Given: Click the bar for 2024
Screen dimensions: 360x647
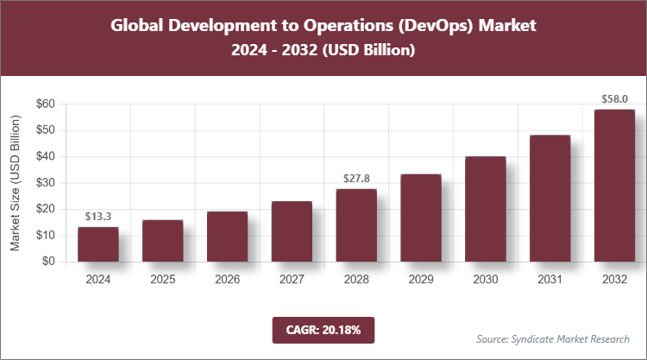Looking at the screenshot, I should pyautogui.click(x=97, y=244).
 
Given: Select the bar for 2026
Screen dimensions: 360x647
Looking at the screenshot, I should pyautogui.click(x=227, y=237).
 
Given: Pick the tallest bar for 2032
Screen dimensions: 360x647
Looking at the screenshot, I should pyautogui.click(x=615, y=186).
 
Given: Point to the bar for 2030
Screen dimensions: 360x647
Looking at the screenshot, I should pyautogui.click(x=486, y=209).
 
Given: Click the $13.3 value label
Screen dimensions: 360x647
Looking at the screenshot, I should pyautogui.click(x=97, y=216).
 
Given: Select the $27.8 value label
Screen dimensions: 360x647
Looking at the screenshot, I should pyautogui.click(x=356, y=178).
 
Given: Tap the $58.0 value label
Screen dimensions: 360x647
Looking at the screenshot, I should pyautogui.click(x=615, y=98).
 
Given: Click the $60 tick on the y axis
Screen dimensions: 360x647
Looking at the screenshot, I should pyautogui.click(x=45, y=104).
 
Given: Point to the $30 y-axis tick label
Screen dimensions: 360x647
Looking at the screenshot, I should pyautogui.click(x=45, y=183).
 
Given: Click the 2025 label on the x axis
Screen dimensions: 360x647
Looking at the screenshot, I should pyautogui.click(x=162, y=280).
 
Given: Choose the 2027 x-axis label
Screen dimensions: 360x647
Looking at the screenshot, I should pyautogui.click(x=292, y=280).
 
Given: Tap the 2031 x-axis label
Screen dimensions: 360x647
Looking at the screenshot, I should pyautogui.click(x=550, y=280).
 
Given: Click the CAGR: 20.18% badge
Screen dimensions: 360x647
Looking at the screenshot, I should pyautogui.click(x=323, y=329).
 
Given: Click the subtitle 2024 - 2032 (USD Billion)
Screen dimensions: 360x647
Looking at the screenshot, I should pyautogui.click(x=323, y=51).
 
